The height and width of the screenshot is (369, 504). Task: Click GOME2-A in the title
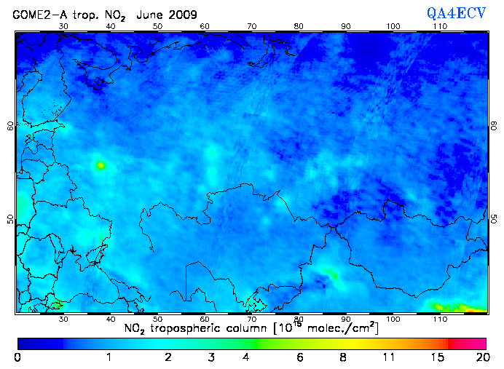[x=36, y=14]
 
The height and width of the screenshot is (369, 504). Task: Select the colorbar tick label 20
[x=481, y=357]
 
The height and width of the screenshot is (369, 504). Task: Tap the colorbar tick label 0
[x=17, y=357]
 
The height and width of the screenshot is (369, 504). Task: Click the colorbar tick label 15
[x=436, y=357]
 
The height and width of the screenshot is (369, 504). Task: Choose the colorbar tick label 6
[x=300, y=357]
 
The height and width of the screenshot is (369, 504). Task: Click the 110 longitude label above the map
[x=440, y=26]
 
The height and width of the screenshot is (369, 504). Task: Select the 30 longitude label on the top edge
[x=63, y=26]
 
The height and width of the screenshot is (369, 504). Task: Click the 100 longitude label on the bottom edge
[x=393, y=319]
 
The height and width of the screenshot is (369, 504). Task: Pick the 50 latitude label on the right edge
[x=494, y=219]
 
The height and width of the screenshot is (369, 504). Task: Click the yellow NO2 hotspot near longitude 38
[x=100, y=165]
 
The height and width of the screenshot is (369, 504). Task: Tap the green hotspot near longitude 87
[x=331, y=274]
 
